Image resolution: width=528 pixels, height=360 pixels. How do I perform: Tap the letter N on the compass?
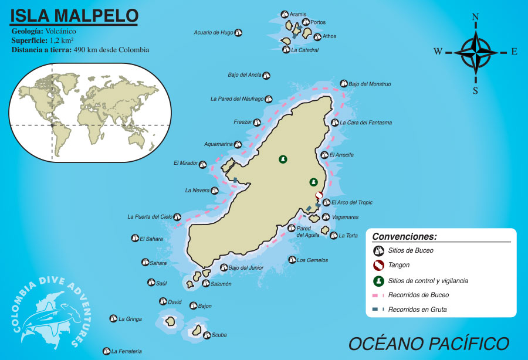pos(475,18)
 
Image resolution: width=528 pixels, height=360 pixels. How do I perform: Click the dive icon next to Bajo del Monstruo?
pos(344,84)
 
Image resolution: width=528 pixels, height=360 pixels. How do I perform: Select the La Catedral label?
pos(304,50)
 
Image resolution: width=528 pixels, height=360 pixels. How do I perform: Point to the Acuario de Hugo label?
pos(214,33)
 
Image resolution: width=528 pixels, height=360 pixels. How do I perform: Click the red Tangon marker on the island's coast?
pos(319,195)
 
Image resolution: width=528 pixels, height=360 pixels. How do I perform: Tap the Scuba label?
pos(212,335)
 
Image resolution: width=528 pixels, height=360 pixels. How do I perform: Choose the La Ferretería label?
pos(126,351)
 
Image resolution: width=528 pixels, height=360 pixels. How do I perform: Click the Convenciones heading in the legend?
pos(405,237)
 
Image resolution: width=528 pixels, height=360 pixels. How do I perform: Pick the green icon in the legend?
pos(379,280)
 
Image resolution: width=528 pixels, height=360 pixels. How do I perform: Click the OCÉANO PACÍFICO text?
pos(428,342)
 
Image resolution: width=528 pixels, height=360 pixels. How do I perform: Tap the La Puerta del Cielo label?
pos(150,217)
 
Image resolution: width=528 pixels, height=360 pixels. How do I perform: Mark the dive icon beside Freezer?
pos(256,123)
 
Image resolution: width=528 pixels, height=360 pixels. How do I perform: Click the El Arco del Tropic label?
pos(351,203)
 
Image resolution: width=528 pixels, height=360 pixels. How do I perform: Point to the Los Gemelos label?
pos(312,260)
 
